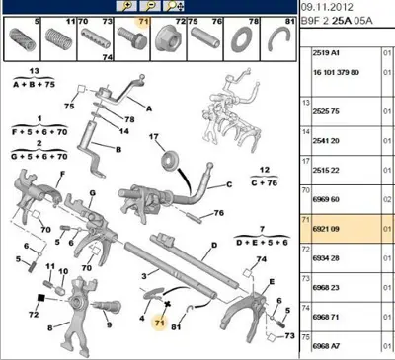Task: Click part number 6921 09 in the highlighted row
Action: [x=328, y=228]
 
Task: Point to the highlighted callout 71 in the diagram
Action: [x=158, y=323]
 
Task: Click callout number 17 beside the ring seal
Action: [x=155, y=135]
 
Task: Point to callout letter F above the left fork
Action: [x=62, y=175]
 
